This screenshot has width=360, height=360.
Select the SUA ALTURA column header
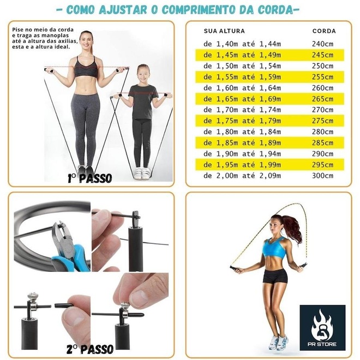224,31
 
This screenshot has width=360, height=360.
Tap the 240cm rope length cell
322,44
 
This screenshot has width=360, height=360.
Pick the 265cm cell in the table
322,99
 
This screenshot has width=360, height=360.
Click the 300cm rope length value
322,176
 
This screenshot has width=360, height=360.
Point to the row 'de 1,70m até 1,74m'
242,110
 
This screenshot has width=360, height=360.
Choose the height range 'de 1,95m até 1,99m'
242,165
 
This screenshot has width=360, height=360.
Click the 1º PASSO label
90,178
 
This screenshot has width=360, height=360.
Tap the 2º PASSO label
90,349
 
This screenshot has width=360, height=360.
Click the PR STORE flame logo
322,328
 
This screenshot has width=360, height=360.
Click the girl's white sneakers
142,173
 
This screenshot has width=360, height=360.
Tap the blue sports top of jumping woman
274,248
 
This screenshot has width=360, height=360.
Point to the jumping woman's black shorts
275,276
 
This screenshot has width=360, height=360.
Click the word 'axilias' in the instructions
68,41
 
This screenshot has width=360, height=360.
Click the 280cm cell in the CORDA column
322,132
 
